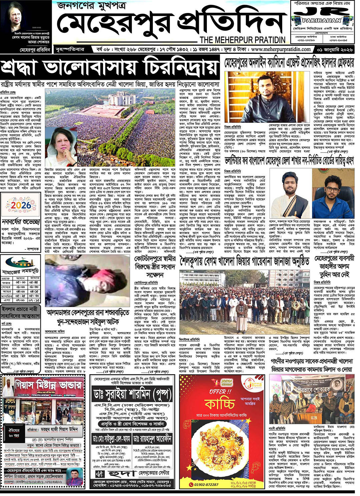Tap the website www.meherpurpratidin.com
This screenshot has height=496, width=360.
pos(281,49)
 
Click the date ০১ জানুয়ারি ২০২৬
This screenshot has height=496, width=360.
pos(337,49)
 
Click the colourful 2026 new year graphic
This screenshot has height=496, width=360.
pos(21,205)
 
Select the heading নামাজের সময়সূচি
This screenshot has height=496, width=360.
pos(20,272)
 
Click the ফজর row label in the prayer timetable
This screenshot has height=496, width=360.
pos(6,282)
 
